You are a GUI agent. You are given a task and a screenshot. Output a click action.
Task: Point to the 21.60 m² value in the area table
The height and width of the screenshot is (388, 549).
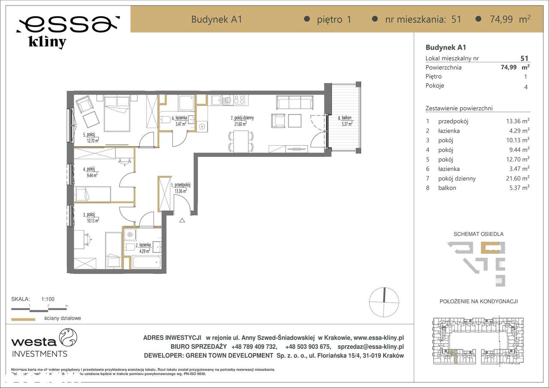pyautogui.click(x=517, y=178)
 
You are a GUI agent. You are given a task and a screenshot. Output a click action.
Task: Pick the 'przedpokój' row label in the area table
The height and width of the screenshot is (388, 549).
pyautogui.click(x=453, y=121)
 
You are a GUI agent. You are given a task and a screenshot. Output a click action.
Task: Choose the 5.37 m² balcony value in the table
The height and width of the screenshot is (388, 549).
pyautogui.click(x=517, y=188)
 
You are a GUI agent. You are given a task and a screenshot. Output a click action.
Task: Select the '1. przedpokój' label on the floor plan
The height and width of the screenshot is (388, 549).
pyautogui.click(x=180, y=185)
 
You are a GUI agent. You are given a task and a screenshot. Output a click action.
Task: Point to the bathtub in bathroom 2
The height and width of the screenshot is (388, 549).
pyautogui.click(x=147, y=262)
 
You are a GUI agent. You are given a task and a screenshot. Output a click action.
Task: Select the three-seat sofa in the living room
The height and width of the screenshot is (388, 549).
pyautogui.click(x=294, y=102)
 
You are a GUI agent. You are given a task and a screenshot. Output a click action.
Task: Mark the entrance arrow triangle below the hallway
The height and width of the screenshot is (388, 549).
pyautogui.click(x=182, y=220)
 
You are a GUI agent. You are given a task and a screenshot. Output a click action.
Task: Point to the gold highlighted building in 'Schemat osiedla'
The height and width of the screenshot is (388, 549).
pyautogui.click(x=489, y=248)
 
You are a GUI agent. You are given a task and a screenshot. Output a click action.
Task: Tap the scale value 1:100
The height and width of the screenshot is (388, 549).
pyautogui.click(x=48, y=299)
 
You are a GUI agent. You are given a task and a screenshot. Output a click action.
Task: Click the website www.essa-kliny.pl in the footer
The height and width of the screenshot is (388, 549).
pyautogui.click(x=378, y=338)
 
